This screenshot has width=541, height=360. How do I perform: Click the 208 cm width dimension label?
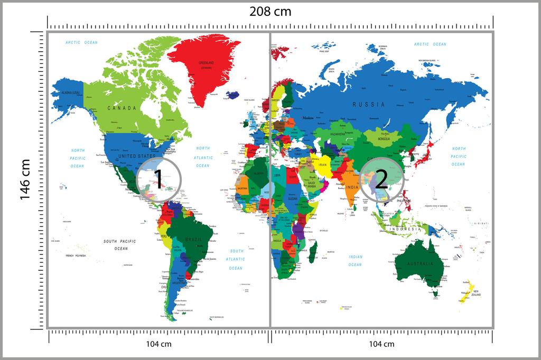pyautogui.click(x=270, y=11)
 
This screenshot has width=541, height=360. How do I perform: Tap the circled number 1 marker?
pyautogui.click(x=158, y=179)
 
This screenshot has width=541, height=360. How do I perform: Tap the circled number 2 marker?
pyautogui.click(x=383, y=179)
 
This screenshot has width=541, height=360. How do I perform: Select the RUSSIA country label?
pyautogui.click(x=369, y=105)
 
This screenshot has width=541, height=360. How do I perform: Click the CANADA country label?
pyautogui.click(x=122, y=108)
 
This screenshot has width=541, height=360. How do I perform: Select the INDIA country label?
pyautogui.click(x=352, y=187)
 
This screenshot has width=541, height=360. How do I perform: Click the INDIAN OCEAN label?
pyautogui.click(x=355, y=260)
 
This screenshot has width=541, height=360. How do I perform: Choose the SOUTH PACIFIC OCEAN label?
pyautogui.click(x=120, y=244)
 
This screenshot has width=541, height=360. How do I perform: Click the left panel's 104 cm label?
pyautogui.click(x=158, y=344)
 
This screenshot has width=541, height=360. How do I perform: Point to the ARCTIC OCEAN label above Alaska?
pyautogui.click(x=81, y=43)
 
